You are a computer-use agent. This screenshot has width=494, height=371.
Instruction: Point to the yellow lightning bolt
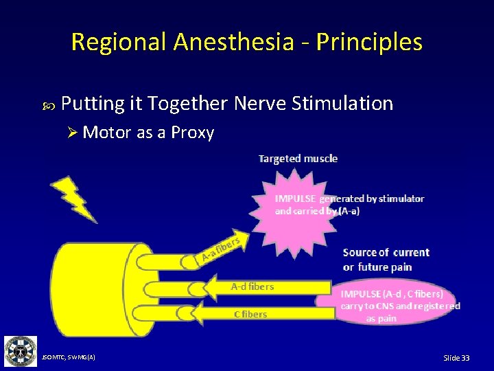(73, 199)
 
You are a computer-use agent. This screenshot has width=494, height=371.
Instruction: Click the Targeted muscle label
(298, 159)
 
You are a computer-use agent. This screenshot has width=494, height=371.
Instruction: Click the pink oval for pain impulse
(395, 304)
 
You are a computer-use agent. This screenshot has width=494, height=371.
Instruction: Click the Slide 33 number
(456, 358)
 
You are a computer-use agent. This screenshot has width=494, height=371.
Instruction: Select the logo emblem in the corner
(21, 351)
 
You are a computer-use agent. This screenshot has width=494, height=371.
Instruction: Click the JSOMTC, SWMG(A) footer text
(69, 357)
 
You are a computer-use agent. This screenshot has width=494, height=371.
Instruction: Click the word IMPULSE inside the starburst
(296, 199)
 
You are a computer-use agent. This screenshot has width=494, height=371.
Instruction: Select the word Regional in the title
(119, 42)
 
